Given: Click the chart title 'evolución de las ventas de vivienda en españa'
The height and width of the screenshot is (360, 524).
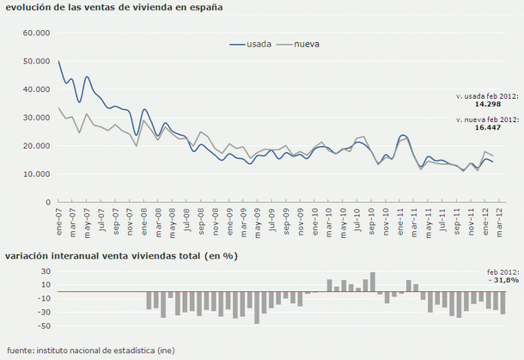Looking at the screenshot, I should click(114, 7).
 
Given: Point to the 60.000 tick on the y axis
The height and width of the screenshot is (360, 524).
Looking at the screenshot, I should click(37, 34).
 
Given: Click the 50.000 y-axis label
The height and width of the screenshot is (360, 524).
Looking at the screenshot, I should click(37, 62).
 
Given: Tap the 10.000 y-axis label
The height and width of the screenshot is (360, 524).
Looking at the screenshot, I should click(37, 174).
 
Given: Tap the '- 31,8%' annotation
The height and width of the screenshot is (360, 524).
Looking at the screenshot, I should click(503, 279).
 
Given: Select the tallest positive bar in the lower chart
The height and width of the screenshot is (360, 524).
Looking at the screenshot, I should click(372, 283).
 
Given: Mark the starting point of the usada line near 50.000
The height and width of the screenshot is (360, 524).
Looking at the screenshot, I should click(58, 61).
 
